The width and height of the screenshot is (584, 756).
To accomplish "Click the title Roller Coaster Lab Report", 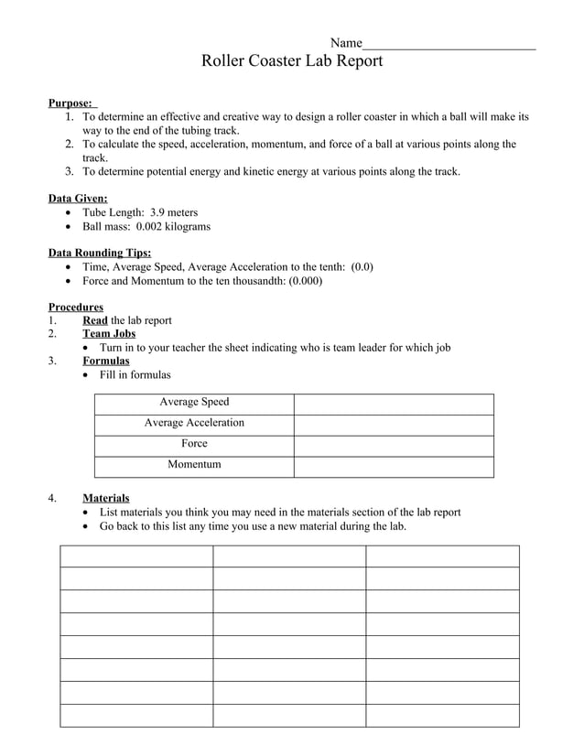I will pyautogui.click(x=291, y=61).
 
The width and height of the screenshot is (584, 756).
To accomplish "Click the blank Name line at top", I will pyautogui.click(x=449, y=44).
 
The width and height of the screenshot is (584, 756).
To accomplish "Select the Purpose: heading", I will pyautogui.click(x=70, y=103).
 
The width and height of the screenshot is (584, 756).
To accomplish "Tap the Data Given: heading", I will pyautogui.click(x=78, y=199).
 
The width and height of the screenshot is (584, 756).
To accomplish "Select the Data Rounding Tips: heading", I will pyautogui.click(x=100, y=254).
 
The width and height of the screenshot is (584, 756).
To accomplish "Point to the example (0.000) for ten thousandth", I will pyautogui.click(x=305, y=281).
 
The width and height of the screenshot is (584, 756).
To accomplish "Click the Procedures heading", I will pyautogui.click(x=75, y=308).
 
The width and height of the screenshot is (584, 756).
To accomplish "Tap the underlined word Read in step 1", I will pyautogui.click(x=94, y=320).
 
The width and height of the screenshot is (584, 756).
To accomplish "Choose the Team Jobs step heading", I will pyautogui.click(x=109, y=334).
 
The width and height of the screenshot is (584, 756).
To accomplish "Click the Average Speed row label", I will pyautogui.click(x=194, y=402).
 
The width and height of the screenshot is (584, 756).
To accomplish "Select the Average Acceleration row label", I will pyautogui.click(x=194, y=423).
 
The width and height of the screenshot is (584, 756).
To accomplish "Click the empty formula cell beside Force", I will pyautogui.click(x=394, y=446).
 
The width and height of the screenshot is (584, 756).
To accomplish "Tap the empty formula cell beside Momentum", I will pyautogui.click(x=394, y=467).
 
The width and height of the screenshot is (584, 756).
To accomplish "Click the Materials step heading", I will pyautogui.click(x=106, y=498).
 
